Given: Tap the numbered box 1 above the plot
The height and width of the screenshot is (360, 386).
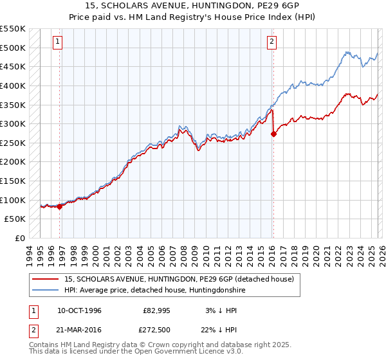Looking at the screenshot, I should pos(57,42).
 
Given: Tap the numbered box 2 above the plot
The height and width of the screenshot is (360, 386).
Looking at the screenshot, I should pos(271,42).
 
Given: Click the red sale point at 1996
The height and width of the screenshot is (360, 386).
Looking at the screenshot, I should pos(60,206).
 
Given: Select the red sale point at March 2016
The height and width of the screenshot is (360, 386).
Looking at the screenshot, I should pos(273,134).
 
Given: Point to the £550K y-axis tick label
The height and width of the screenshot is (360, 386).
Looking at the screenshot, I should pos(13,29).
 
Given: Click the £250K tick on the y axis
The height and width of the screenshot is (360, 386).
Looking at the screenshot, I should pos(13,143).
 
